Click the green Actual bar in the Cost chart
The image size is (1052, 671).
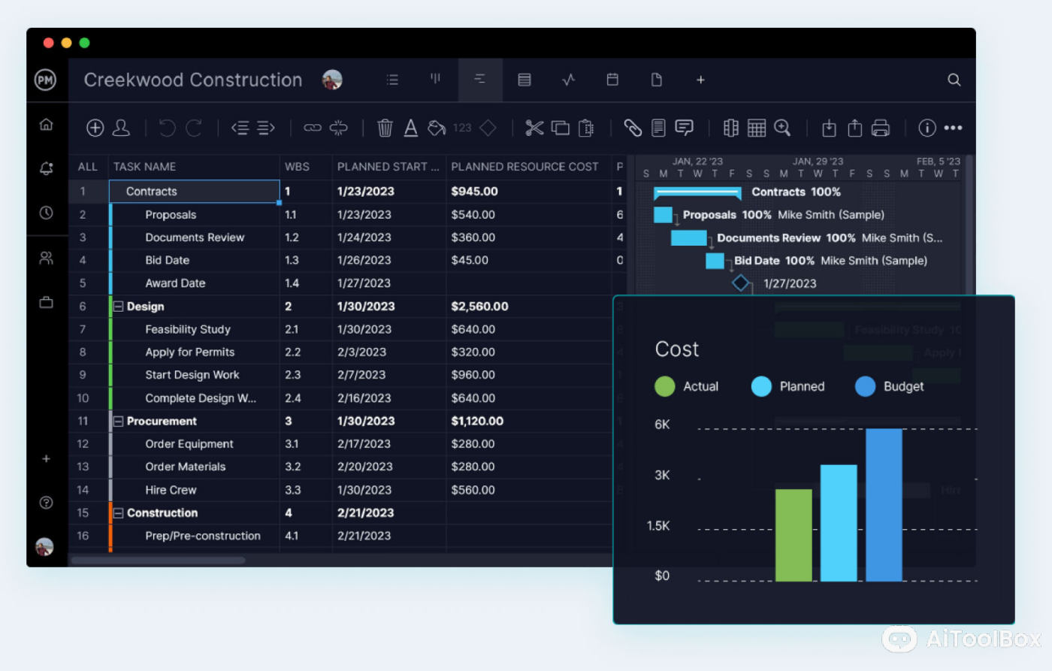click(794, 535)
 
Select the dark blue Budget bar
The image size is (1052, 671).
click(884, 504)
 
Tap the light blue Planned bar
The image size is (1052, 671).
click(839, 522)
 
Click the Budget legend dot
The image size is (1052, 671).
click(865, 386)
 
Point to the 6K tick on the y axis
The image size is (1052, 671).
click(662, 425)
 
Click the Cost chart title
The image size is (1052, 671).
click(677, 349)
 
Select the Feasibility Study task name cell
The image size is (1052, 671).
click(188, 329)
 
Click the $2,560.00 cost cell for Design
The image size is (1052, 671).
click(479, 307)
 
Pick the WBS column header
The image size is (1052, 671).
click(297, 167)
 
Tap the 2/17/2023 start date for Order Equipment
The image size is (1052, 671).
click(364, 444)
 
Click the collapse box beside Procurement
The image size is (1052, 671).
click(118, 422)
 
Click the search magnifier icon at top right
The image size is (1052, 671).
click(954, 80)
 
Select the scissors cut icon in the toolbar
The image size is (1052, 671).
click(534, 128)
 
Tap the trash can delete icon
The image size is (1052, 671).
click(385, 128)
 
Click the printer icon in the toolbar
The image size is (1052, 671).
click(881, 128)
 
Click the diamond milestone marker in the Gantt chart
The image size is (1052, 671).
click(741, 283)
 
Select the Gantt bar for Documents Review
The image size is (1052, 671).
click(688, 238)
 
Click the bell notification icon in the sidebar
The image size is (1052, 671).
click(46, 168)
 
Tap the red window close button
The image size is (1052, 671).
click(48, 43)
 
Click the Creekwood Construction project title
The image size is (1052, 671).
click(193, 80)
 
